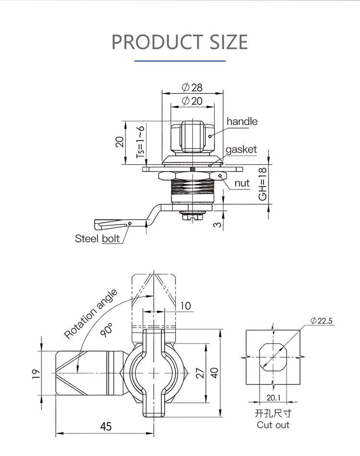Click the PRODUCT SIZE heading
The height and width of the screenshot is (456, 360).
tap(180, 42)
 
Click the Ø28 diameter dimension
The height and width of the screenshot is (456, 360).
tap(192, 87)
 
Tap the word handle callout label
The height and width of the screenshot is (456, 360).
tap(242, 122)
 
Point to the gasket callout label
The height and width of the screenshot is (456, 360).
tap(241, 149)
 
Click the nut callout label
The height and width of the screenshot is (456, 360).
tap(242, 183)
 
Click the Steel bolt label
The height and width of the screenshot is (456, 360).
tap(97, 238)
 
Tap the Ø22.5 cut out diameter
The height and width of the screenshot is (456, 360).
tap(322, 321)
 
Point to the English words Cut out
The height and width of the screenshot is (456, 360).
tap(273, 425)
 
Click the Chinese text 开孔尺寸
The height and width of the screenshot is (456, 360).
tap(273, 413)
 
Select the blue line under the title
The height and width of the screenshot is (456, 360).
tap(180, 61)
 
